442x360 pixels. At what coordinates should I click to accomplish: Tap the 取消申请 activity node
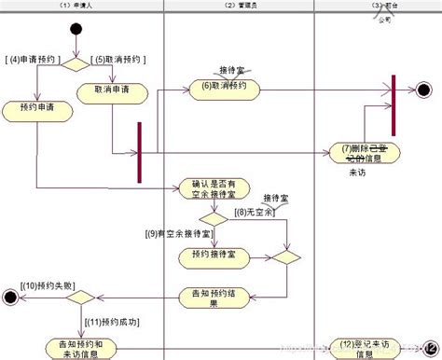click(111, 90)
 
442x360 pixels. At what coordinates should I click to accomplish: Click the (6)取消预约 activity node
click(224, 88)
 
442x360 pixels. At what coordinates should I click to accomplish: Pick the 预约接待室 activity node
click(214, 254)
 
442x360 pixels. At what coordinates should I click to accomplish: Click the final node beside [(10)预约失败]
click(11, 298)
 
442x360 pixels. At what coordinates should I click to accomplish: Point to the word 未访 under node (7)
click(357, 173)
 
